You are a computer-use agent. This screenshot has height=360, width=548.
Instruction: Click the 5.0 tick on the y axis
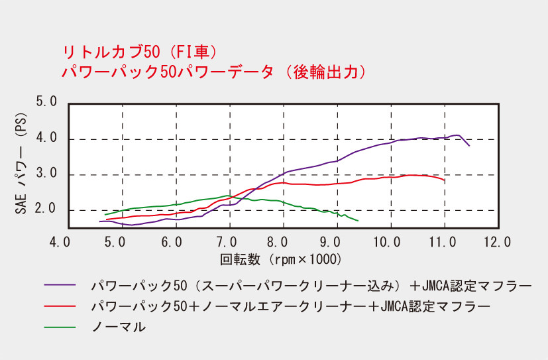tap(46, 103)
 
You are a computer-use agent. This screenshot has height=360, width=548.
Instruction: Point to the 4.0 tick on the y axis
tap(46, 139)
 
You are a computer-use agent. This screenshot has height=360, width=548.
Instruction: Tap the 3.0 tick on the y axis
tap(46, 175)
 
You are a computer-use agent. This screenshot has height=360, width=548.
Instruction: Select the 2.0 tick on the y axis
tap(46, 210)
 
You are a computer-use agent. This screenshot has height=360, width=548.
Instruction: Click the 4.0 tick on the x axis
tap(61, 241)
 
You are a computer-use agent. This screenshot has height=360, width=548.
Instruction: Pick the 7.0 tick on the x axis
tap(229, 241)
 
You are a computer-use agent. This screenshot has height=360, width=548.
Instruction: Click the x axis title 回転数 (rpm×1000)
tap(280, 258)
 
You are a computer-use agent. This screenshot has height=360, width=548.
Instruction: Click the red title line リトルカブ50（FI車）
tap(140, 52)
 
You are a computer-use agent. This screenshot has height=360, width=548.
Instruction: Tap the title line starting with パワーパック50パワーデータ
tap(213, 72)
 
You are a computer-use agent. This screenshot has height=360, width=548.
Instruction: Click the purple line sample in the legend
tap(58, 286)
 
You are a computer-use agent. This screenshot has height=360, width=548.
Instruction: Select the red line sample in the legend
tap(58, 306)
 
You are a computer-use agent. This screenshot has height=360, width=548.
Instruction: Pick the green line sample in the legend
tap(58, 326)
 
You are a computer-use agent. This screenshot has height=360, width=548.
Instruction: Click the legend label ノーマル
tap(119, 326)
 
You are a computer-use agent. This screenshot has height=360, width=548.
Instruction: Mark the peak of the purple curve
tap(457, 135)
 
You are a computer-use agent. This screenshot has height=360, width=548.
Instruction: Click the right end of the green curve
tap(358, 220)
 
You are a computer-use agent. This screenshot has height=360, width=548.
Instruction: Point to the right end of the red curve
tap(444, 180)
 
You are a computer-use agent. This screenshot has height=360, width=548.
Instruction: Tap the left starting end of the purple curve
tap(100, 221)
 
